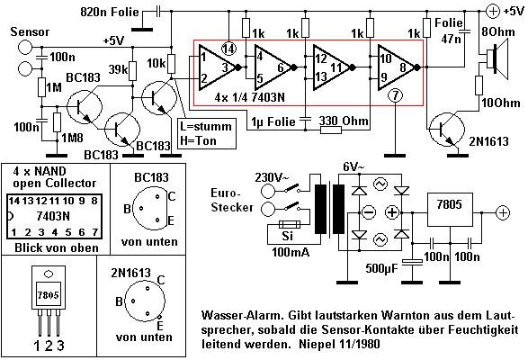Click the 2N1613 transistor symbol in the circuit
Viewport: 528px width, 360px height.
(447, 130)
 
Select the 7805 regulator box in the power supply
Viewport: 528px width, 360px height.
(450, 210)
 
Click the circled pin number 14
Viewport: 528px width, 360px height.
(228, 49)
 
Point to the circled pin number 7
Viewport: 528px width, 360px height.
(396, 95)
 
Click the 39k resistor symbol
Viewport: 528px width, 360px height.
(132, 71)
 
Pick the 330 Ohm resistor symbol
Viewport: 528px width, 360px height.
(331, 130)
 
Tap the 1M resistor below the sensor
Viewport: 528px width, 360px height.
(41, 87)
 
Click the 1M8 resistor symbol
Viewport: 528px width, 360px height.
(57, 122)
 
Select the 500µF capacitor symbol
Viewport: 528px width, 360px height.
(413, 262)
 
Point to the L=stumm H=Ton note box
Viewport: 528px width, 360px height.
(206, 133)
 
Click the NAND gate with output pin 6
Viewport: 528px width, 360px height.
(272, 67)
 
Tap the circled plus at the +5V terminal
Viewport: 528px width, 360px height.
(493, 12)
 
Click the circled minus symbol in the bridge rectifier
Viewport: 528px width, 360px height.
(369, 212)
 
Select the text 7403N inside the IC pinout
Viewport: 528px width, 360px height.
(53, 216)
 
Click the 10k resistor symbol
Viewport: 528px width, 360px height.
(171, 64)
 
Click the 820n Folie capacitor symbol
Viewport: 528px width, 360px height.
(158, 12)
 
